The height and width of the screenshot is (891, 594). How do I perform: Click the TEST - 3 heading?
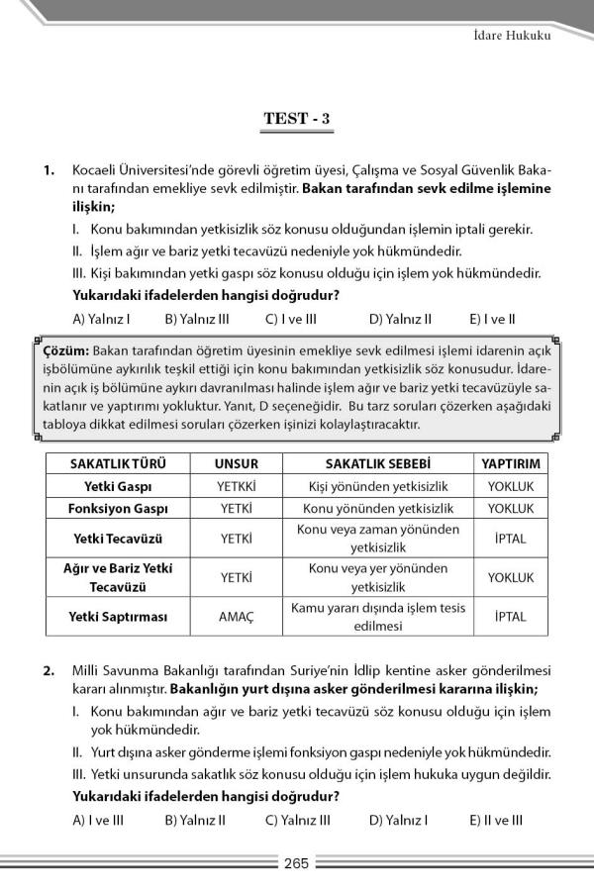click(296, 120)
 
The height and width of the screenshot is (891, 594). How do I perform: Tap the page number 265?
click(296, 862)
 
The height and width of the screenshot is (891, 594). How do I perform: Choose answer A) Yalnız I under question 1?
click(102, 319)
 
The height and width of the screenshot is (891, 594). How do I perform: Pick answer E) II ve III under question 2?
click(496, 820)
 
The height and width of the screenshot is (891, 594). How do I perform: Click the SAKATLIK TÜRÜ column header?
click(118, 463)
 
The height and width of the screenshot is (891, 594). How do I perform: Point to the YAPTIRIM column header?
click(510, 463)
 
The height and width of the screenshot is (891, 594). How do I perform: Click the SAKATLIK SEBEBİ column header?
click(378, 463)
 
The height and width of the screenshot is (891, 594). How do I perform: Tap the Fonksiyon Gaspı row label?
click(118, 508)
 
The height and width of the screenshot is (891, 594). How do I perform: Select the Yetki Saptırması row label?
click(118, 617)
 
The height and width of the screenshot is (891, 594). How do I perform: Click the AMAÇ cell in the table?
click(236, 617)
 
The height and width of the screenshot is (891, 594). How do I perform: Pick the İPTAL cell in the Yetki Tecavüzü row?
click(510, 539)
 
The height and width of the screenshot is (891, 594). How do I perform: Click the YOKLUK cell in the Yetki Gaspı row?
click(510, 486)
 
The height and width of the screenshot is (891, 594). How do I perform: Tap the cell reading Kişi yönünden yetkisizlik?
click(378, 486)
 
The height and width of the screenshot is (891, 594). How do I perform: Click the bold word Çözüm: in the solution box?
click(66, 351)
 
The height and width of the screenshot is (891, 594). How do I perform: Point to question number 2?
click(49, 671)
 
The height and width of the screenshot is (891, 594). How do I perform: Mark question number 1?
click(49, 170)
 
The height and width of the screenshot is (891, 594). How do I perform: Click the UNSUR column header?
click(236, 463)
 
